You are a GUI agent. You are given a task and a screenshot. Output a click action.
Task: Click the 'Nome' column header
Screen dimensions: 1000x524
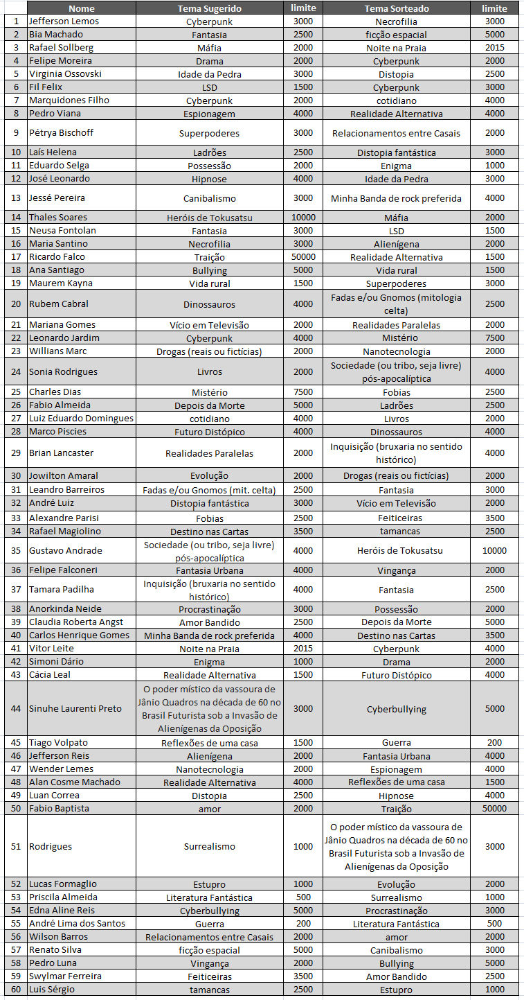[x=82, y=8]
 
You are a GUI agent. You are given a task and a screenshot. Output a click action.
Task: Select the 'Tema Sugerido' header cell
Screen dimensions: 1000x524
[x=209, y=8]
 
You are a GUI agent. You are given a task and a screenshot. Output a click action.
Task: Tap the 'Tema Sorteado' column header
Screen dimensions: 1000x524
[x=396, y=8]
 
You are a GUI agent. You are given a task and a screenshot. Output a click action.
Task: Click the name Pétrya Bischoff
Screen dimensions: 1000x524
[x=61, y=132]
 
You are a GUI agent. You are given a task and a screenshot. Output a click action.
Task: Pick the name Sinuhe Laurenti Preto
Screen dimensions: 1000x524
[x=75, y=709]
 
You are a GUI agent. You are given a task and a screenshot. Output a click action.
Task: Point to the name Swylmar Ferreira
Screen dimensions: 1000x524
[x=65, y=976]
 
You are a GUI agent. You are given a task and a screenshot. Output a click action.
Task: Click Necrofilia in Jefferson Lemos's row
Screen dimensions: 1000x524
[x=396, y=21]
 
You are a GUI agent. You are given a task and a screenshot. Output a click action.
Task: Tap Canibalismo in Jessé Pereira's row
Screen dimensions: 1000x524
[x=209, y=198]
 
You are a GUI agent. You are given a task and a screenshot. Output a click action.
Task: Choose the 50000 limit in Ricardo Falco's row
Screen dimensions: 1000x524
[x=303, y=257]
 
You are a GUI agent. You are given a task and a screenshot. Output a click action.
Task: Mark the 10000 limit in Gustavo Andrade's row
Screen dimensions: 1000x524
[x=494, y=551]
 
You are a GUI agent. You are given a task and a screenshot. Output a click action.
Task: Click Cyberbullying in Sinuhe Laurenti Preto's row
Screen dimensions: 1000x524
[x=396, y=709]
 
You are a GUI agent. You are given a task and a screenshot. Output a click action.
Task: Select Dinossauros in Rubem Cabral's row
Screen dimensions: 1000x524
[x=209, y=304]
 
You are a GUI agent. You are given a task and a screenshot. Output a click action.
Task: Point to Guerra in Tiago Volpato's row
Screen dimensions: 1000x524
[x=396, y=743]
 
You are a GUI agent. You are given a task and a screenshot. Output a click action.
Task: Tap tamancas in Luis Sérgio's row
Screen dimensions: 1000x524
[x=209, y=990]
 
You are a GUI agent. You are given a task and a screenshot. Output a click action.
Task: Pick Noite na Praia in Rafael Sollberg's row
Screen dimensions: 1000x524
[x=396, y=49]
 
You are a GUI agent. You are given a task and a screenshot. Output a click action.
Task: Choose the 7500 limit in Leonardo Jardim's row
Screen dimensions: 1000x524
[x=494, y=338]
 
